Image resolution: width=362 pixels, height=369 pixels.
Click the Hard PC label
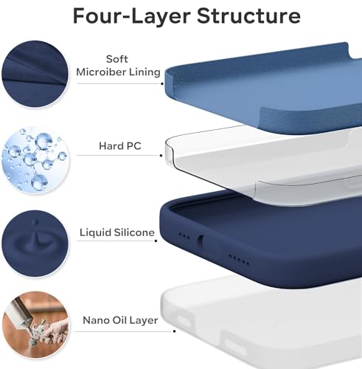pos(120,146)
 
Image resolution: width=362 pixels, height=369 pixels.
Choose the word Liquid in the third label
pos(97,232)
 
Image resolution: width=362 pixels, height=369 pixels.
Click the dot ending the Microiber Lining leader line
pos(160,83)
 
